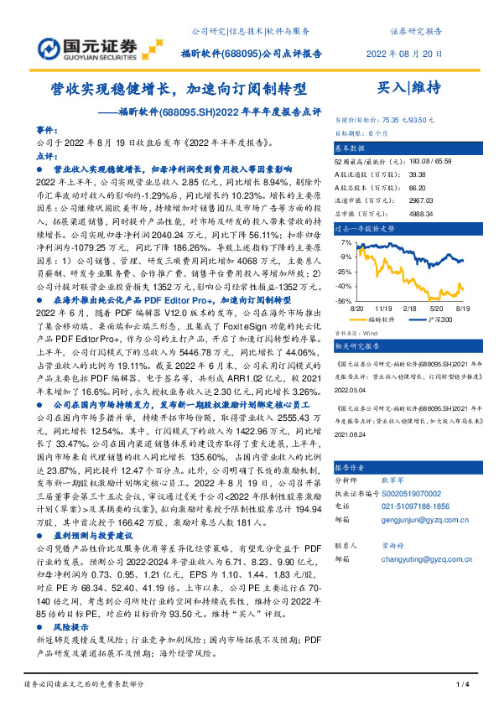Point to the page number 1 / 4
pyautogui.click(x=460, y=685)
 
